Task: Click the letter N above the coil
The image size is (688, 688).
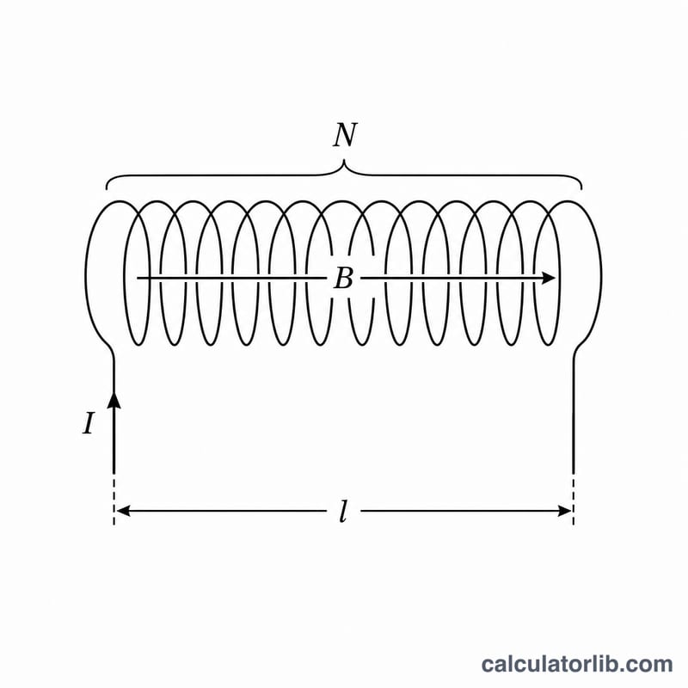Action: [x=345, y=135]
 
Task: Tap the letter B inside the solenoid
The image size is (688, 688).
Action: [x=343, y=278]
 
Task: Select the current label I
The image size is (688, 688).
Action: [x=89, y=424]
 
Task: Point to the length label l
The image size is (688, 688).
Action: [x=343, y=511]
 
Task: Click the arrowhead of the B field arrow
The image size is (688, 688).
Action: [x=549, y=278]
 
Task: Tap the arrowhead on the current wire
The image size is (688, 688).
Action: [x=114, y=400]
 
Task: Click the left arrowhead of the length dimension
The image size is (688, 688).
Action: [x=123, y=511]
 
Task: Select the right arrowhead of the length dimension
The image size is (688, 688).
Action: [x=564, y=511]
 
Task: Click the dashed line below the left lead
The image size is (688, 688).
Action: [x=114, y=499]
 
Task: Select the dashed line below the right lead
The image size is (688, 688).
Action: [x=574, y=499]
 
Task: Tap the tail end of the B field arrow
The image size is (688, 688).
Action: [x=138, y=278]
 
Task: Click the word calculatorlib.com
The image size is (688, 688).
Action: [x=577, y=664]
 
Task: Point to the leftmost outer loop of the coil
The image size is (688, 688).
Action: [x=86, y=272]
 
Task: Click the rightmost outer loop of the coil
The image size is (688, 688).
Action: [x=600, y=272]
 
